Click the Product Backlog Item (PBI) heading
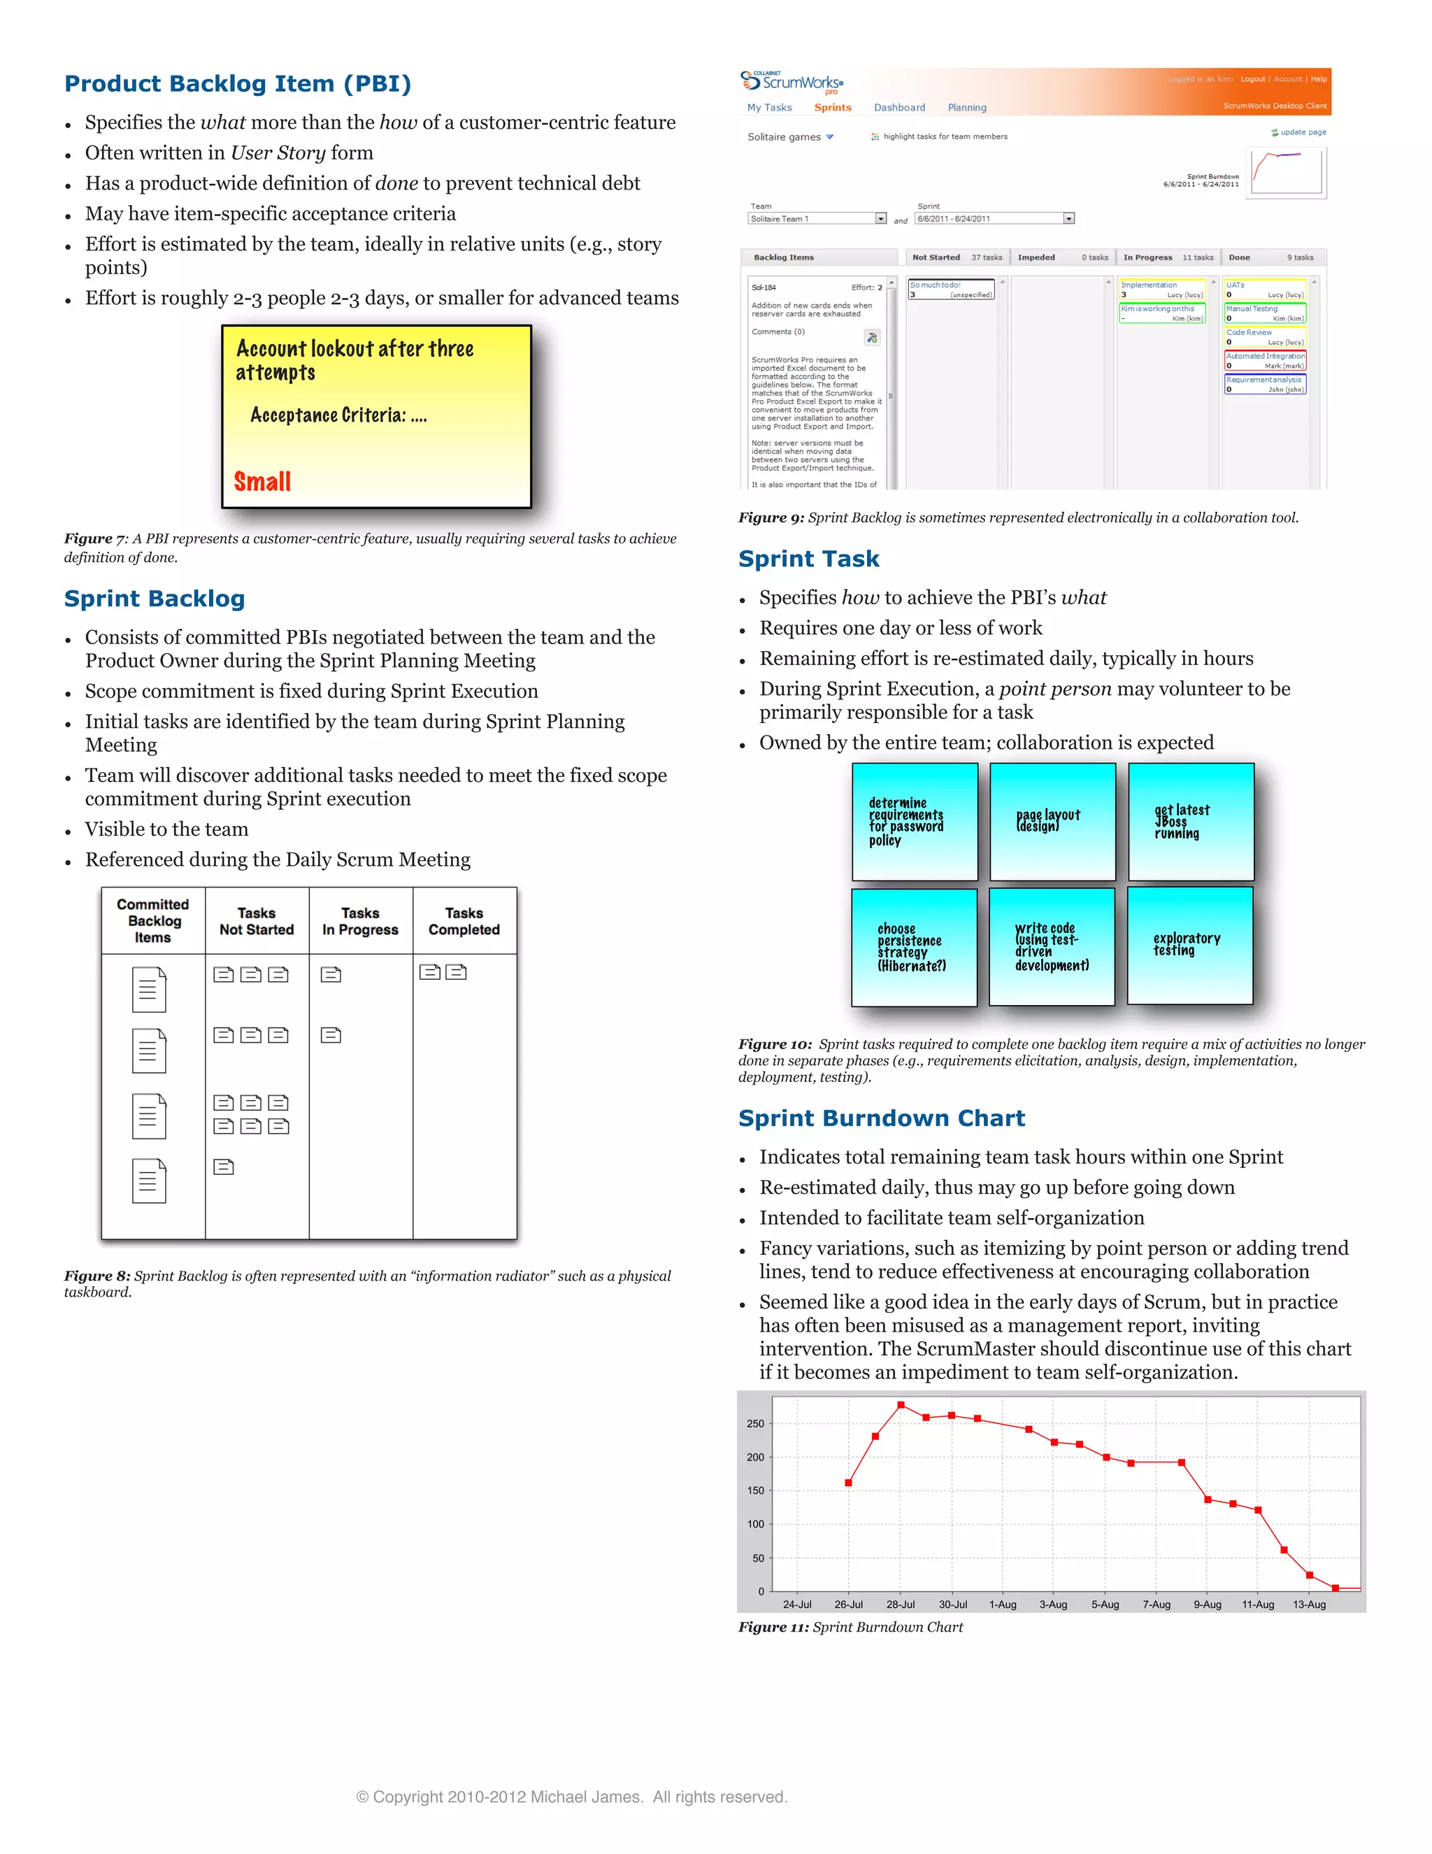(x=238, y=84)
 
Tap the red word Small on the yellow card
(x=262, y=482)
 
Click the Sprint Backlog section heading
(x=155, y=599)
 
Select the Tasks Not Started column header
(x=257, y=921)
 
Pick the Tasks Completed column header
(x=464, y=921)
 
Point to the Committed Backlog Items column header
(x=153, y=921)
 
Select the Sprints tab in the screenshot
(x=832, y=108)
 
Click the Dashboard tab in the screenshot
(x=899, y=108)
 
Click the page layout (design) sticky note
(x=1052, y=821)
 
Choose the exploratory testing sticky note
(x=1189, y=945)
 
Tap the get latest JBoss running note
(x=1190, y=821)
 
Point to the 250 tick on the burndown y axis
(x=754, y=1424)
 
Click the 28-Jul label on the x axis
(x=900, y=1604)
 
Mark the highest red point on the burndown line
(x=901, y=1406)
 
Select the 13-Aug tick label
(x=1308, y=1604)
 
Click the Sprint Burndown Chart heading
(x=881, y=1118)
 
